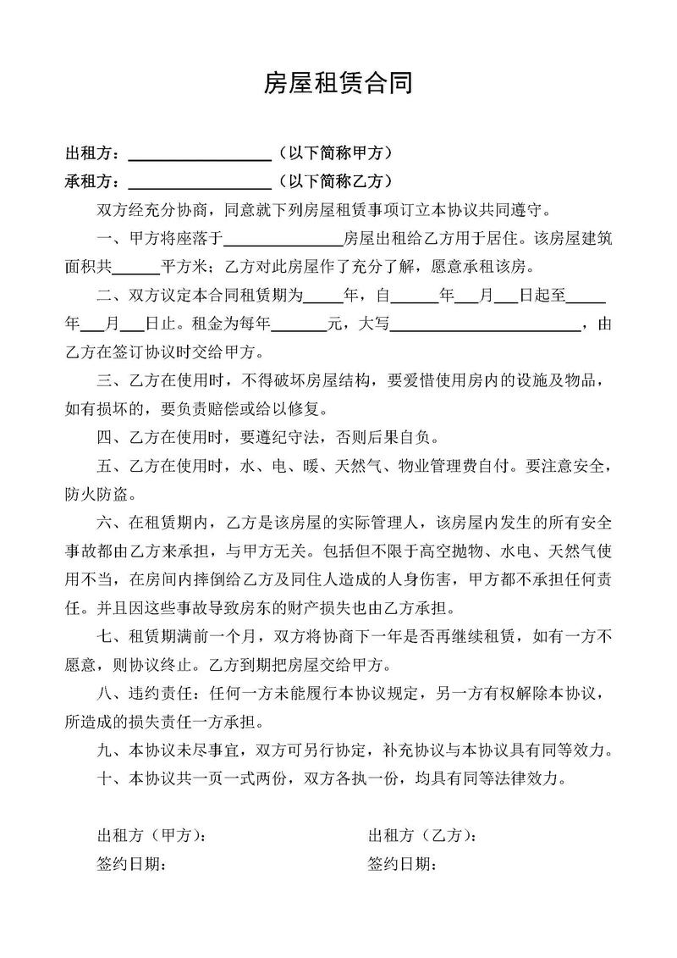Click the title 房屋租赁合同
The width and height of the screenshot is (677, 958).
(x=338, y=83)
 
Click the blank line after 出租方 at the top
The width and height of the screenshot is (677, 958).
(x=198, y=155)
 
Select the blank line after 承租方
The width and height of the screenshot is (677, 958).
(x=198, y=182)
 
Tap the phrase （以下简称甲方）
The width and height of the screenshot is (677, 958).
(x=333, y=153)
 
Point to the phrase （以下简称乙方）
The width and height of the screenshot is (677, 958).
(x=333, y=180)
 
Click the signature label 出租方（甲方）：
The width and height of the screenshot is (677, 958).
(x=153, y=837)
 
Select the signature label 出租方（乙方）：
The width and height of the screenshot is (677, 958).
(x=422, y=837)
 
